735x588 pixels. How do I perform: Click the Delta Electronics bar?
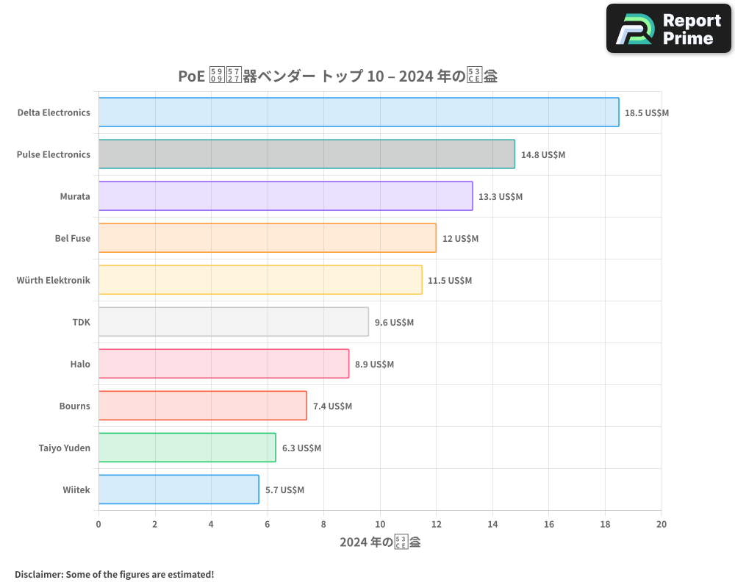coord(359,112)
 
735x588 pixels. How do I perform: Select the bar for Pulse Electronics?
coord(306,154)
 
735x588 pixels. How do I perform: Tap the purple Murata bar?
coord(285,196)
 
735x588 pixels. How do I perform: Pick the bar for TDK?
coord(234,322)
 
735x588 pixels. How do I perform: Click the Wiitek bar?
coord(179,490)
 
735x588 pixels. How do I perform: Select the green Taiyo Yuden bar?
coord(187,448)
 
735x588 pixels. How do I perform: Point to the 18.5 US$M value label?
coord(647,113)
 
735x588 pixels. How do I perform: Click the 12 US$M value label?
coord(460,239)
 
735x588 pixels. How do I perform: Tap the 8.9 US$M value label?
coord(374,365)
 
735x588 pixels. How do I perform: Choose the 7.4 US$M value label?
coord(332,406)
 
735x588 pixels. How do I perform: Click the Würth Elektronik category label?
coord(54,280)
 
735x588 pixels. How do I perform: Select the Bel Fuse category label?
coord(73,238)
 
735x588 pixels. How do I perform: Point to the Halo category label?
coord(80,364)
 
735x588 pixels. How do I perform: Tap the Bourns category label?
coord(75,406)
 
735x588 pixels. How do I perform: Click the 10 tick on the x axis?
coord(380,524)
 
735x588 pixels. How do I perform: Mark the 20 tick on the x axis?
coord(661,524)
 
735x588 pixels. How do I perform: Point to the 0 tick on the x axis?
coord(98,524)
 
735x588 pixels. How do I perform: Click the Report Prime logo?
coord(668,29)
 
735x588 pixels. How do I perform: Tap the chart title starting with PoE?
coord(337,76)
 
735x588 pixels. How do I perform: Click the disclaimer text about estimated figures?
coord(114,574)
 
